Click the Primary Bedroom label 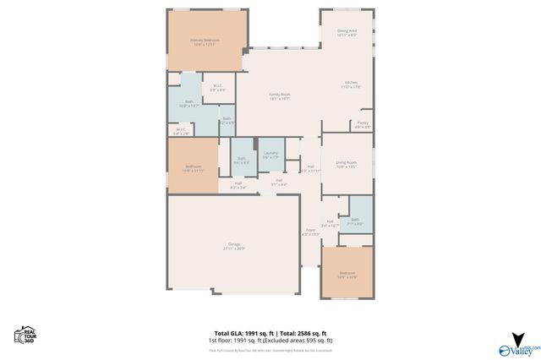click(205, 42)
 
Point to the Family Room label click(280, 95)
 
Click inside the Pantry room click(362, 125)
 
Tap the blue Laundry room click(270, 155)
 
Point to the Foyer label click(310, 232)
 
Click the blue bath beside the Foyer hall click(358, 219)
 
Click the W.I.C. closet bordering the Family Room click(218, 86)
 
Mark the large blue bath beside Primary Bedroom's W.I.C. click(187, 105)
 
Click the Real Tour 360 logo click(23, 335)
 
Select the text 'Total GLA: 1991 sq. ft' click(242, 334)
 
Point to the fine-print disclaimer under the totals click(270, 349)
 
